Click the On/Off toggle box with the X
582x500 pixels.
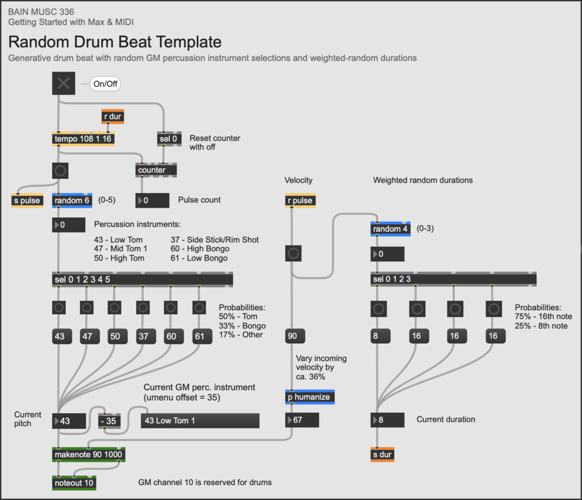[x=63, y=84]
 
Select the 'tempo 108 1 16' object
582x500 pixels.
[x=83, y=139]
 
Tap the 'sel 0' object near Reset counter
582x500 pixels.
[x=166, y=139]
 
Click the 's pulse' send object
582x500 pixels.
[x=27, y=201]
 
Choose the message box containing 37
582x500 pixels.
[x=143, y=336]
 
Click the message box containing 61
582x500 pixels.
[x=199, y=336]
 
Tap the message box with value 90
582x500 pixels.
[x=292, y=336]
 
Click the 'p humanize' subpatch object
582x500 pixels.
[x=310, y=397]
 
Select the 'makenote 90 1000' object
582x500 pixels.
[x=89, y=455]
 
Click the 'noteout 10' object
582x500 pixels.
[x=74, y=483]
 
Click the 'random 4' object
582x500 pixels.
[x=390, y=229]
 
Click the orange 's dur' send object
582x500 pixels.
[x=382, y=455]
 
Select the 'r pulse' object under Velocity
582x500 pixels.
[x=300, y=201]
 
